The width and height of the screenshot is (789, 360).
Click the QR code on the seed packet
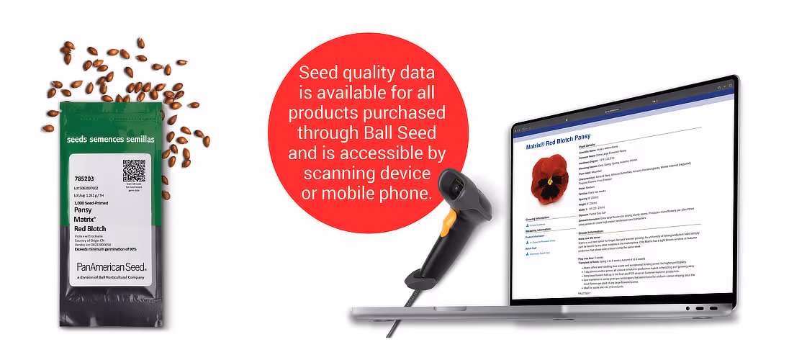click(134, 171)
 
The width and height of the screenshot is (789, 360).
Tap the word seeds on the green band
click(77, 138)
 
